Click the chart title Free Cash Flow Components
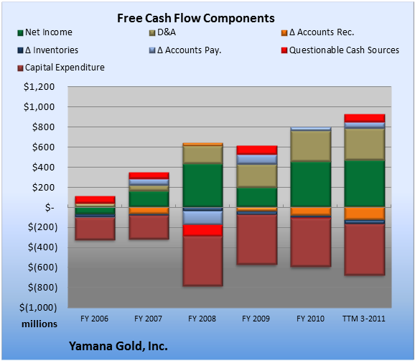196,18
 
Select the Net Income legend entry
45,32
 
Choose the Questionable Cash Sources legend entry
340,50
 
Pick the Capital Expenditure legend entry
61,68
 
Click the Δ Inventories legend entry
47,50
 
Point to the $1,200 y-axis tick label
39,87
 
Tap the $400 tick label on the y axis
43,168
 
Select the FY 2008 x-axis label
202,319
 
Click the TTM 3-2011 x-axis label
364,319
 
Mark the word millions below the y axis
39,324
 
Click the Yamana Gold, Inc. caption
118,346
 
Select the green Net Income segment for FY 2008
202,186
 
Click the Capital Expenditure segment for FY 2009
257,239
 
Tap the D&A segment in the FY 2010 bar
311,146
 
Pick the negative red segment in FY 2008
202,230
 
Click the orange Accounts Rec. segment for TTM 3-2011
365,214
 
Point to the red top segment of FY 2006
95,200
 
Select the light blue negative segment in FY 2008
202,218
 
